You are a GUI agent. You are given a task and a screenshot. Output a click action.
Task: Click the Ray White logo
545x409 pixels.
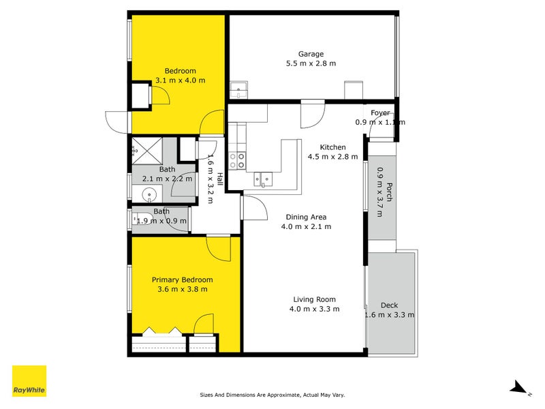pyautogui.click(x=29, y=381)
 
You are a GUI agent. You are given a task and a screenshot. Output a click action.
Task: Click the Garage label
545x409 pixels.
pyautogui.click(x=311, y=54)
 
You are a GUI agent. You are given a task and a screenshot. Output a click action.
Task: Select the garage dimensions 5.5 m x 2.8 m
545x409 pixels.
pyautogui.click(x=311, y=63)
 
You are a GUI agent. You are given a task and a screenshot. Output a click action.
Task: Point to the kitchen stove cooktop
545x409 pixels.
pyautogui.click(x=236, y=160)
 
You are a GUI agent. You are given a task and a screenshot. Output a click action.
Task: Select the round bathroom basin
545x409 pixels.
pyautogui.click(x=149, y=196)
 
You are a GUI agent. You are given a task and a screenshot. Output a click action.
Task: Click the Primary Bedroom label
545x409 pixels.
pyautogui.click(x=182, y=279)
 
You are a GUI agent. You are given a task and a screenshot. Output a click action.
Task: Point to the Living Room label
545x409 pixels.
pyautogui.click(x=314, y=299)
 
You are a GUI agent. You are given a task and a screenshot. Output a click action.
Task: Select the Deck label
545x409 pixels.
pyautogui.click(x=389, y=305)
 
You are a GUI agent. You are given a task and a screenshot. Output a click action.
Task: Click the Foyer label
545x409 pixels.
pyautogui.click(x=380, y=113)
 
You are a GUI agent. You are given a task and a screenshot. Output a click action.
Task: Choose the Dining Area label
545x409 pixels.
pyautogui.click(x=306, y=217)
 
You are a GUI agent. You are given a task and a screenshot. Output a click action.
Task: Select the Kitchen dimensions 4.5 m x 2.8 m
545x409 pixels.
pyautogui.click(x=333, y=157)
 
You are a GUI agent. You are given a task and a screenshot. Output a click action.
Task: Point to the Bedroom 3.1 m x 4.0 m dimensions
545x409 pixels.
pyautogui.click(x=180, y=80)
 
